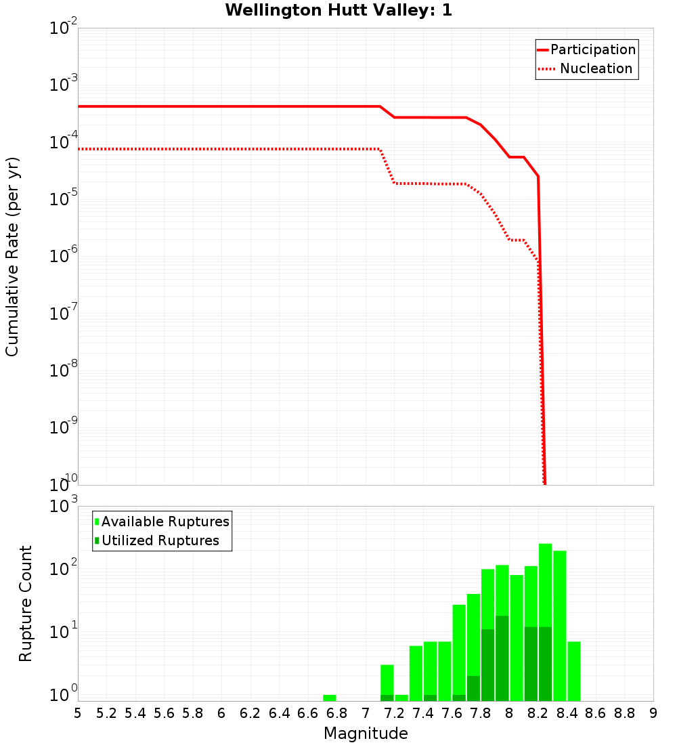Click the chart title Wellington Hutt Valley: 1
(x=338, y=10)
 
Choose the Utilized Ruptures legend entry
(x=160, y=540)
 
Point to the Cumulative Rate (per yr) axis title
(x=12, y=257)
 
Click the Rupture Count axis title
(x=26, y=603)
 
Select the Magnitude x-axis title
(x=366, y=733)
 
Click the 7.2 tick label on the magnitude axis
(x=394, y=713)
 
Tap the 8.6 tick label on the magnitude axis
(x=596, y=713)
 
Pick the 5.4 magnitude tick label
(x=135, y=713)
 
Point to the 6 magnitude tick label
(x=221, y=713)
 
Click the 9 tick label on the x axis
(x=653, y=713)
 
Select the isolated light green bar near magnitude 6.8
(x=330, y=698)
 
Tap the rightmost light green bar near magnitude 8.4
(x=574, y=670)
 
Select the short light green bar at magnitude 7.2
(x=401, y=698)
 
